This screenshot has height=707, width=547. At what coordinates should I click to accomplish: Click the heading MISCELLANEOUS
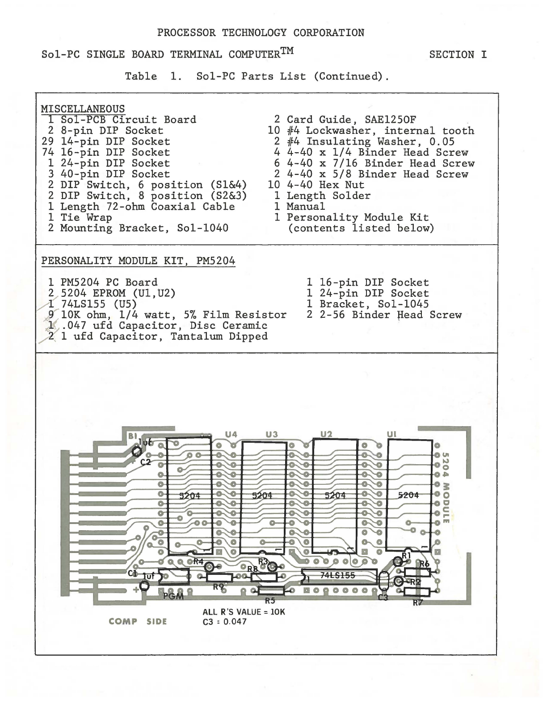[83, 109]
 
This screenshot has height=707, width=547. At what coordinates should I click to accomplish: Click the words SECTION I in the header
[458, 55]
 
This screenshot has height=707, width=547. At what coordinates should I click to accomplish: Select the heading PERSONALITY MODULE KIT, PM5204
[138, 261]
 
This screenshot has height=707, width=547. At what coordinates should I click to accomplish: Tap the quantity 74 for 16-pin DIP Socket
[47, 153]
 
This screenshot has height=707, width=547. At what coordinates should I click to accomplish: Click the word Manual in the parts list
[306, 207]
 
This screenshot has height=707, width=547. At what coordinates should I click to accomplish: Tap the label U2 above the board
[326, 434]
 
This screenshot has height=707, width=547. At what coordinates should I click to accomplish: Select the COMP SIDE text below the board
[138, 621]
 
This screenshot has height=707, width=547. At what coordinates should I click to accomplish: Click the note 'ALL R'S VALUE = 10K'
[244, 612]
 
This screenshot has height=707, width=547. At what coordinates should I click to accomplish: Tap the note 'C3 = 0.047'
[224, 622]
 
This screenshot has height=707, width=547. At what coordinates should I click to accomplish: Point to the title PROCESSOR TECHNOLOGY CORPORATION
[261, 33]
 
